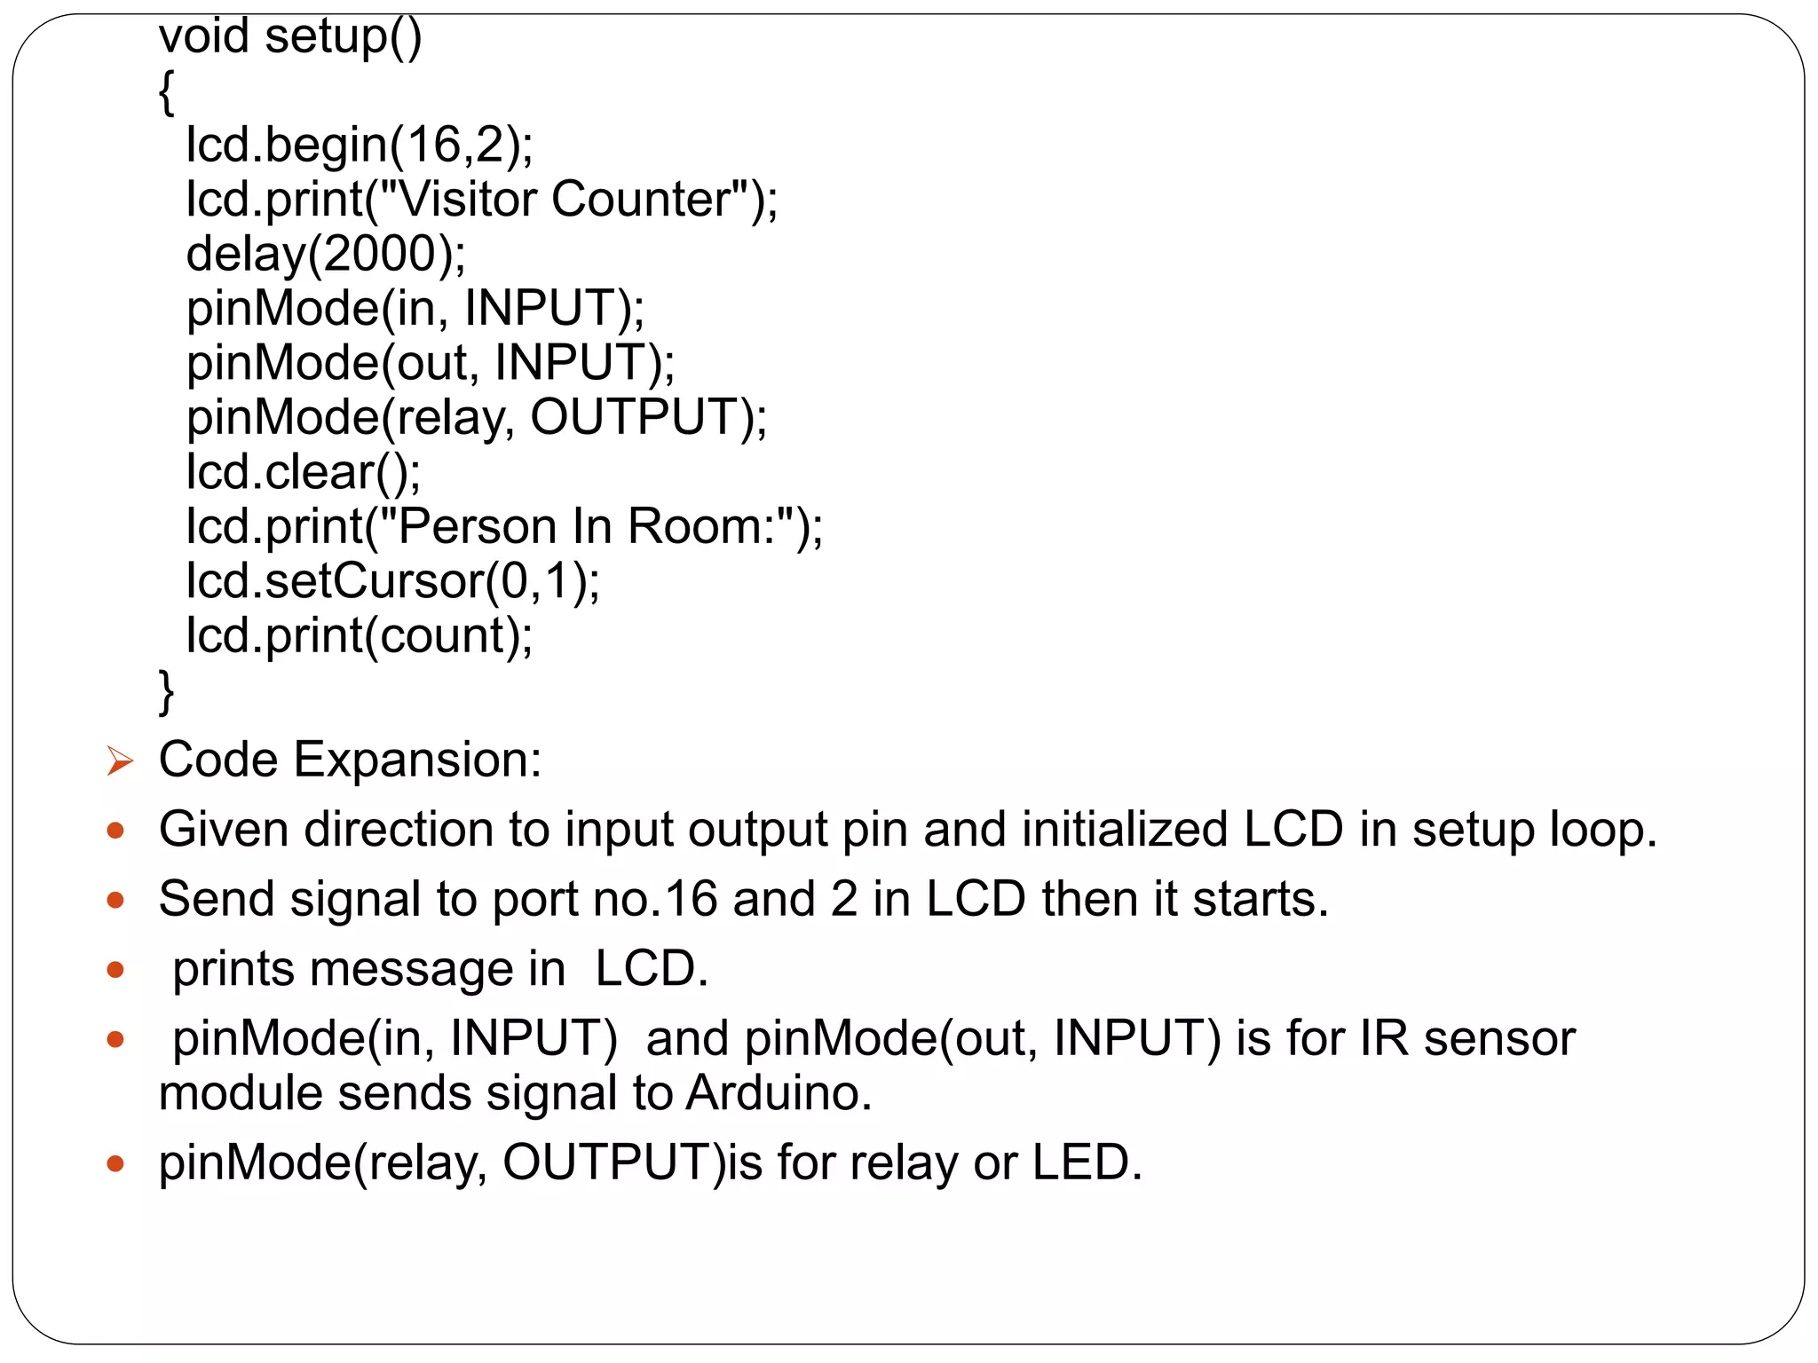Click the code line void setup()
tap(289, 37)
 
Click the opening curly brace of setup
tap(166, 92)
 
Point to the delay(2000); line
tap(325, 254)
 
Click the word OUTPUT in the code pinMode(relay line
tap(635, 417)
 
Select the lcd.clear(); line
tap(303, 472)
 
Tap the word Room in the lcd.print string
tap(694, 526)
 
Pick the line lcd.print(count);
tap(359, 635)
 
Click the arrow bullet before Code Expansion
tap(119, 761)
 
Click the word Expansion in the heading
tap(417, 760)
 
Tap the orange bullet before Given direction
tap(115, 831)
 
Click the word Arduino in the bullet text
tap(779, 1093)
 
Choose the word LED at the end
tap(1086, 1162)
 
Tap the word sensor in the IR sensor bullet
tap(1499, 1039)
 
